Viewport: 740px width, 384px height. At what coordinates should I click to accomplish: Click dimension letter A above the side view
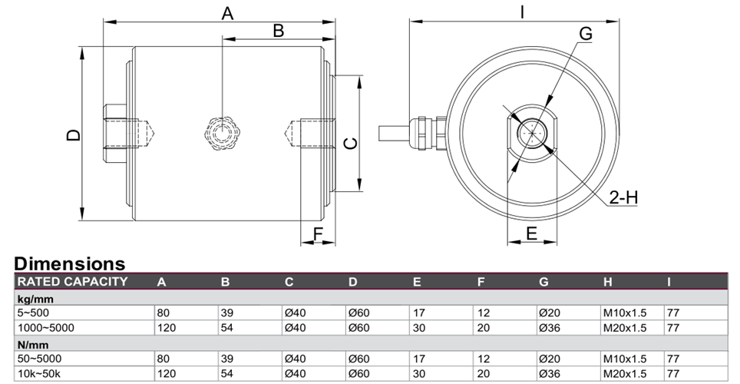(227, 13)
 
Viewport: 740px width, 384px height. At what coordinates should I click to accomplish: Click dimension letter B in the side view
(279, 31)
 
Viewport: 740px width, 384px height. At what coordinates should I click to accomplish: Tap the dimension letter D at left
(74, 135)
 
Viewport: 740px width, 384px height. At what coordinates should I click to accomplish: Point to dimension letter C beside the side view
(351, 143)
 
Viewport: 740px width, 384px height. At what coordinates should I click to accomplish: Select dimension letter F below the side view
(318, 233)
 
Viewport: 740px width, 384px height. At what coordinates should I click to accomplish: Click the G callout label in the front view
(585, 34)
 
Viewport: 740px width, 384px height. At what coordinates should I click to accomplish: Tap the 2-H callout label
(623, 197)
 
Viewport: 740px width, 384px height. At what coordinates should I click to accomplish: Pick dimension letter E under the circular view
(531, 233)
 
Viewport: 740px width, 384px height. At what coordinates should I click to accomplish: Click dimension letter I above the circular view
(522, 12)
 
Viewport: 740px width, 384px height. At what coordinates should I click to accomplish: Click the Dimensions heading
(70, 263)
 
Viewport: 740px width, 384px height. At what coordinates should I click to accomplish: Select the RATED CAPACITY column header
(73, 282)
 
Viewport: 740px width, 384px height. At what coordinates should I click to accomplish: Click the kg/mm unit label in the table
(35, 299)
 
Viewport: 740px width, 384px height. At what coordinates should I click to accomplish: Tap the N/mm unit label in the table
(33, 344)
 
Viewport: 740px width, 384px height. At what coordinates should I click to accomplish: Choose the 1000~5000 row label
(46, 328)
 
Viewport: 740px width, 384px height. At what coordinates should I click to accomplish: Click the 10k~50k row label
(39, 373)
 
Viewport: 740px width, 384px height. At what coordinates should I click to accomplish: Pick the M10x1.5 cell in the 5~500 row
(625, 313)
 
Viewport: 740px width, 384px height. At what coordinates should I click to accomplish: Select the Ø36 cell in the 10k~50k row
(550, 373)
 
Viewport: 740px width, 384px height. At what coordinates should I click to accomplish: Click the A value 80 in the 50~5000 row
(164, 359)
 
